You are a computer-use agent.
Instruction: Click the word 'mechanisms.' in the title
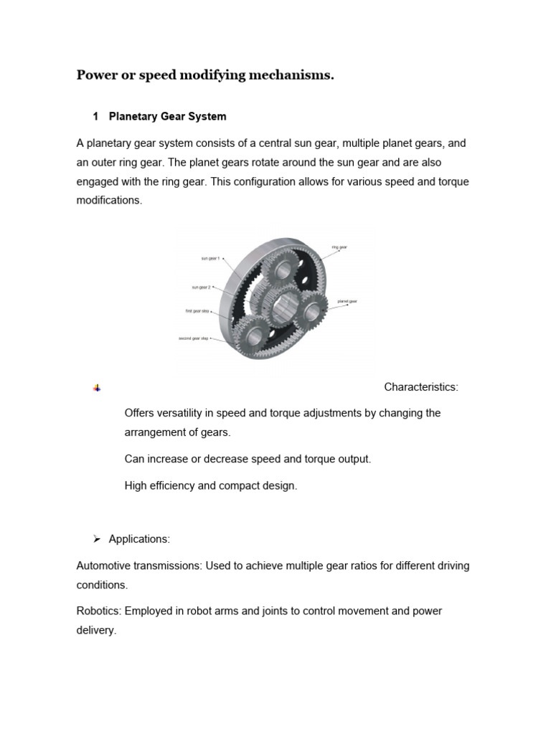coord(290,76)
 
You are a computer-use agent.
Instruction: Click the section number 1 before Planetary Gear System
coord(95,116)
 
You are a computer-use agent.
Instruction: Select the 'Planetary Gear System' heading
coord(167,116)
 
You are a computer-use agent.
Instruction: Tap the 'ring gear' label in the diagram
coord(339,247)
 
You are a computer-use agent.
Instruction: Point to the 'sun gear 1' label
coord(210,258)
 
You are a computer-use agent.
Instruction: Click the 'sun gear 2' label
coord(201,287)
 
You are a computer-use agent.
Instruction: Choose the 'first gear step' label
coord(197,311)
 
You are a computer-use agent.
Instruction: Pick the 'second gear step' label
coord(194,338)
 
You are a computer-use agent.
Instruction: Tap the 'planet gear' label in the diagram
coord(347,302)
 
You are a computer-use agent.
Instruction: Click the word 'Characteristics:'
coord(420,387)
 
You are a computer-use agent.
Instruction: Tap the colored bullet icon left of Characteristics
coord(97,388)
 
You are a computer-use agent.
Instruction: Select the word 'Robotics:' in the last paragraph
coord(99,611)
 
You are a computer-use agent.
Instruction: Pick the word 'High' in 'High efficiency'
coord(136,486)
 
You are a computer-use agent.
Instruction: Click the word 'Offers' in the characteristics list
coord(141,414)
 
